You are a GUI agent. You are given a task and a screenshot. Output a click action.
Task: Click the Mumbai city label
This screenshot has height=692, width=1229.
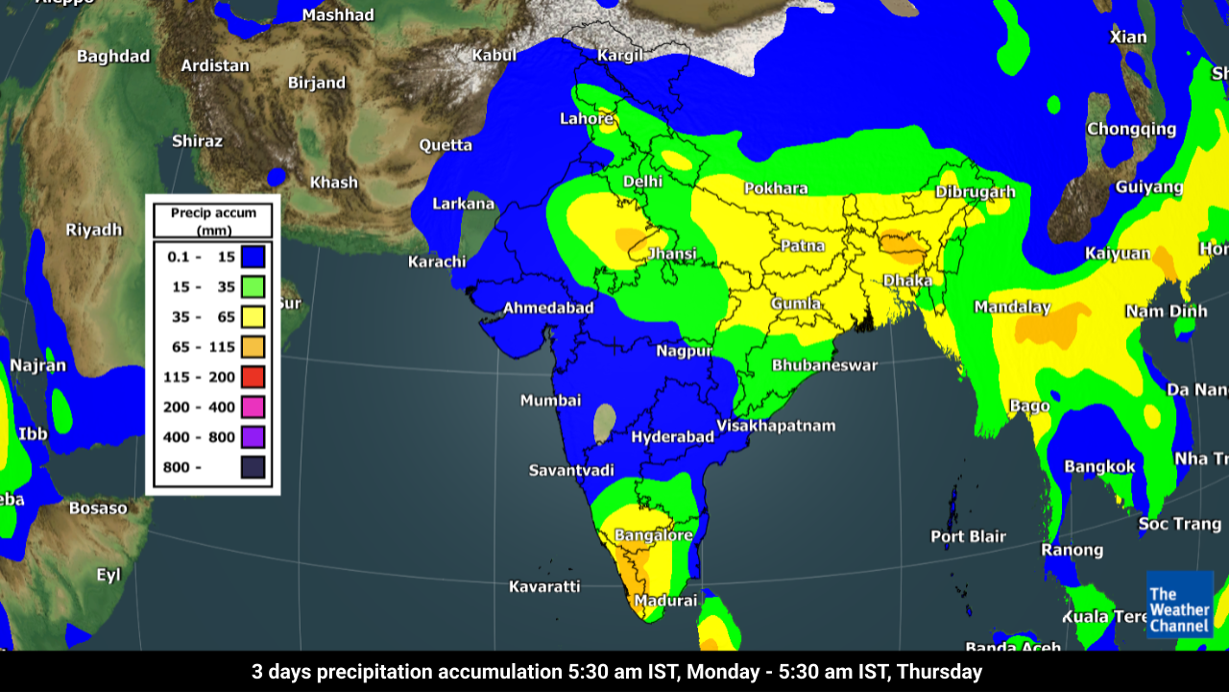click(x=550, y=400)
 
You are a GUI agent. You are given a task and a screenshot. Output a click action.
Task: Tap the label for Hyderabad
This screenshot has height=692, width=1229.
click(x=672, y=436)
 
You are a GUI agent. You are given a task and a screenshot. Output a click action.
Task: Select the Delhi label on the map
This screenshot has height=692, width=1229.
click(x=642, y=181)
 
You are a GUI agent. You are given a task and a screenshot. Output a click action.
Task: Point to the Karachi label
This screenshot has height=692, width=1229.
click(x=437, y=261)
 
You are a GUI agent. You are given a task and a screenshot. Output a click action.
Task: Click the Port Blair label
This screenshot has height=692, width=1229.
click(x=968, y=536)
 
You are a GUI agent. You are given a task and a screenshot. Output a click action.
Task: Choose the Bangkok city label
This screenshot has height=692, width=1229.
click(x=1099, y=467)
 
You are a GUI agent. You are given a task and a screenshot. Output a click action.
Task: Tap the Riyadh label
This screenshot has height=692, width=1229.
click(x=94, y=230)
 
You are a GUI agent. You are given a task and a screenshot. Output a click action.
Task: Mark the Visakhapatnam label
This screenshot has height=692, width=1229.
click(x=776, y=425)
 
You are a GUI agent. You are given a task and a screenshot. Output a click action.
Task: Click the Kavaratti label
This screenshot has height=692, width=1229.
click(x=544, y=585)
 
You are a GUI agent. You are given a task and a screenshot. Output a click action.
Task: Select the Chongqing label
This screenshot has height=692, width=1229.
click(x=1131, y=129)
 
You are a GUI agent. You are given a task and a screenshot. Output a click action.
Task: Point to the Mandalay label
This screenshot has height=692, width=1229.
click(x=1012, y=307)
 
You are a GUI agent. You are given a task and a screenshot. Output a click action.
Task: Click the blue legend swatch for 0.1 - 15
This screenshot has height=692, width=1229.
click(x=253, y=258)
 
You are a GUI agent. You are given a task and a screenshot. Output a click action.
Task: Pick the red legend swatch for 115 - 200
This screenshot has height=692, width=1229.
click(x=253, y=377)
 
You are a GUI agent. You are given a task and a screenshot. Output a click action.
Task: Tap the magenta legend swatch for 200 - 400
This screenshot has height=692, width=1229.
click(x=253, y=407)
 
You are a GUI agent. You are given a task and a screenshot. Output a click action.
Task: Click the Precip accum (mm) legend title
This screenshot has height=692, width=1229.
click(x=213, y=221)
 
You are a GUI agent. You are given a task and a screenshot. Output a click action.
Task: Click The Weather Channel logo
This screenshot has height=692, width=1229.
click(x=1179, y=605)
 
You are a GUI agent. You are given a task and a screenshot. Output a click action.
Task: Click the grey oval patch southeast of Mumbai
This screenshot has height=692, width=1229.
click(x=604, y=423)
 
